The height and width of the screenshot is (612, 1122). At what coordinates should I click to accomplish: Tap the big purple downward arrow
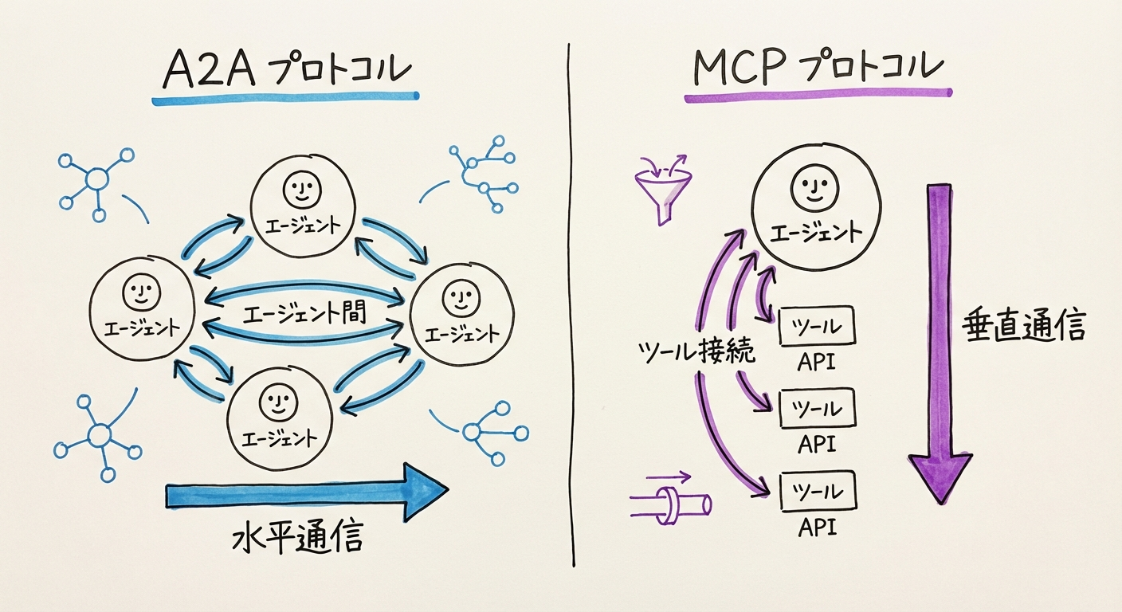(x=940, y=343)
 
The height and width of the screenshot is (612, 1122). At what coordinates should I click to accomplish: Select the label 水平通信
(x=297, y=539)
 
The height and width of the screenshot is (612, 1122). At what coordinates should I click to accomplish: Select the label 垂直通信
(x=1023, y=326)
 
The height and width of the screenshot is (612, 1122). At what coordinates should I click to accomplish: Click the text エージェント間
(x=304, y=312)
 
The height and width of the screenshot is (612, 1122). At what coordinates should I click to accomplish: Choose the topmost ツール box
(x=815, y=327)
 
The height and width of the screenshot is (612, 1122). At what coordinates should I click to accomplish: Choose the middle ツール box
(x=815, y=409)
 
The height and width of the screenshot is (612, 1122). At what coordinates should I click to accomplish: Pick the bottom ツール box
(x=815, y=492)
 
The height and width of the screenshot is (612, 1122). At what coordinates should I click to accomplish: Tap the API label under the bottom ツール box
(x=815, y=527)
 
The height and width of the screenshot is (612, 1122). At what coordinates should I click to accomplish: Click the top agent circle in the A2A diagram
(x=302, y=205)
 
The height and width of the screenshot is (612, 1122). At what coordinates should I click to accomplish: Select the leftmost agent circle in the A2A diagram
(x=142, y=308)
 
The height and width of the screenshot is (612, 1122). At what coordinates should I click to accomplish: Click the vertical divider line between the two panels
(x=570, y=303)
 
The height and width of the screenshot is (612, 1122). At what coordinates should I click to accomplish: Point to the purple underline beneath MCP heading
(x=817, y=97)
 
